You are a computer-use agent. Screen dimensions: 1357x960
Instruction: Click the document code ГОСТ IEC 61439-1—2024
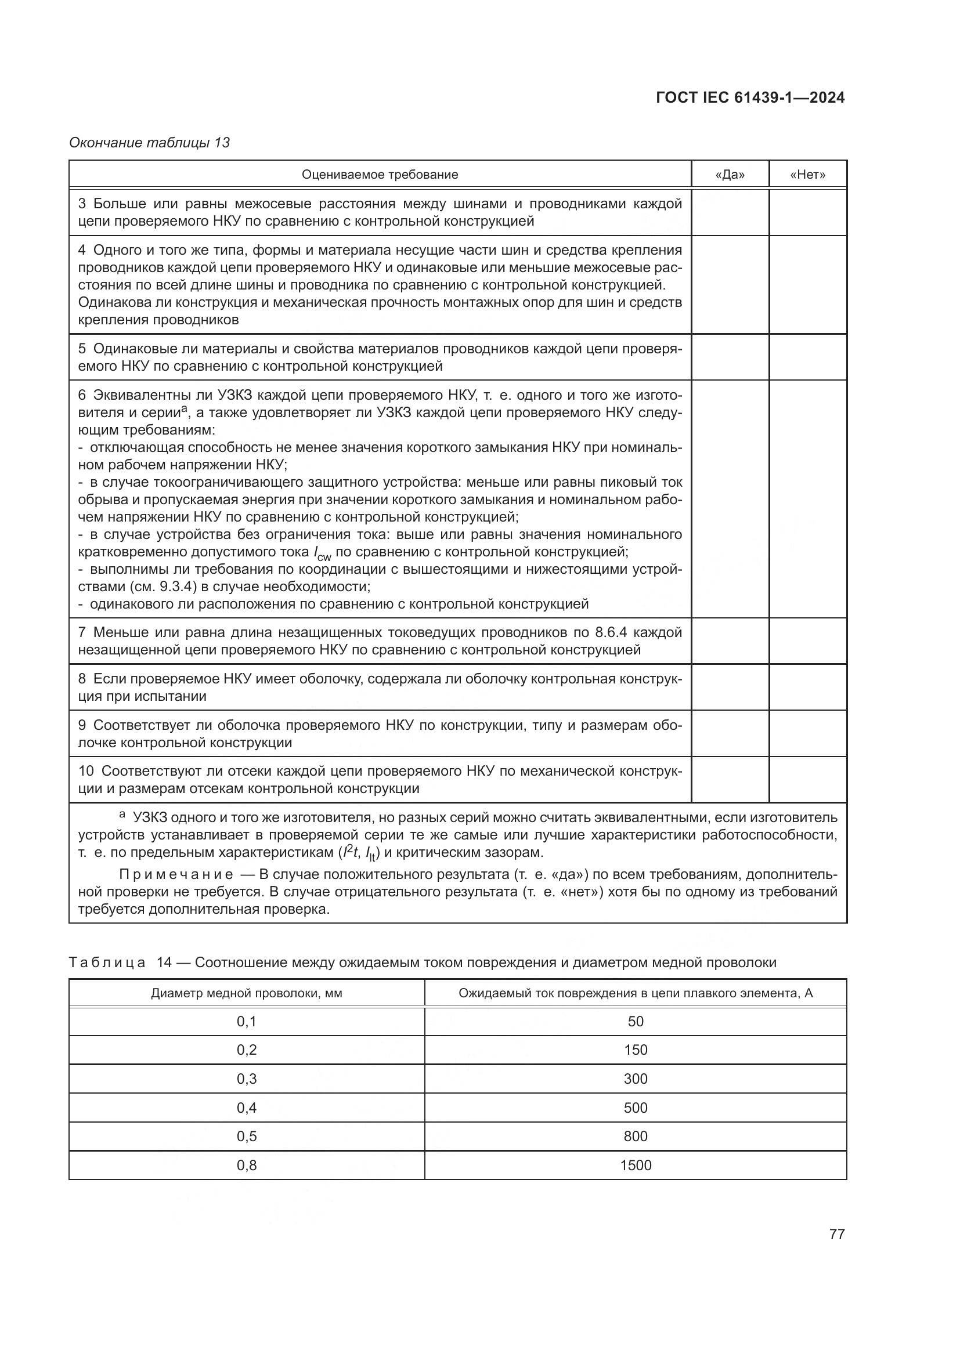click(749, 97)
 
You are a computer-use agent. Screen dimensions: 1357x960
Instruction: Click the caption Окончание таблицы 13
click(149, 143)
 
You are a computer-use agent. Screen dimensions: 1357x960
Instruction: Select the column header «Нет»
click(807, 175)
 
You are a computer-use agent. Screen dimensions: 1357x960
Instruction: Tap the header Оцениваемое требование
click(380, 175)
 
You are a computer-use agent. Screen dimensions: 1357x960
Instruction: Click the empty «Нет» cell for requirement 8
click(807, 687)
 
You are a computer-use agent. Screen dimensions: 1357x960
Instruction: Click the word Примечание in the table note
click(175, 874)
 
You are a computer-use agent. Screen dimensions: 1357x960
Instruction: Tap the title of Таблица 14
click(422, 962)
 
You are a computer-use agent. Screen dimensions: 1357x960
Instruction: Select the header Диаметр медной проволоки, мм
click(247, 993)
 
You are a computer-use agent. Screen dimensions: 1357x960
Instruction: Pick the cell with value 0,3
click(247, 1079)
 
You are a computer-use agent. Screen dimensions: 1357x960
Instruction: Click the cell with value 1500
click(636, 1165)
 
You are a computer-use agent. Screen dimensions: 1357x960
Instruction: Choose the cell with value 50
click(636, 1021)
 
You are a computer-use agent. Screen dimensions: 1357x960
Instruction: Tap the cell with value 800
click(636, 1136)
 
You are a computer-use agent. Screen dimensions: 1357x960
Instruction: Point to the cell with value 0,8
click(247, 1165)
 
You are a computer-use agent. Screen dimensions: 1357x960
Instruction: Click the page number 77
click(836, 1234)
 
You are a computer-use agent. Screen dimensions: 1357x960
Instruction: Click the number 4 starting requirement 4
click(82, 250)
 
